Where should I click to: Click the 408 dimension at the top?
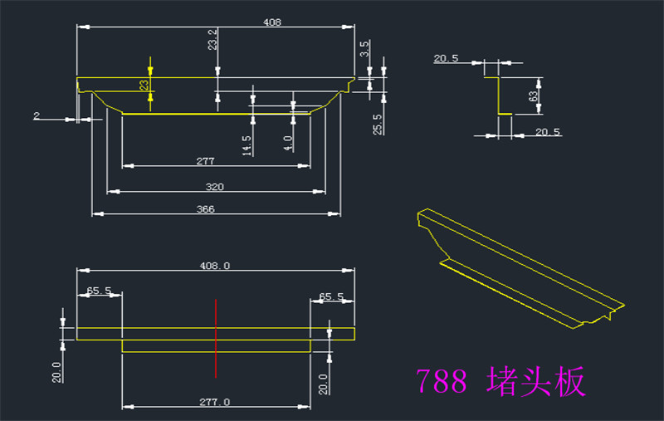coord(272,22)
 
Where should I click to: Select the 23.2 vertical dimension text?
coord(212,39)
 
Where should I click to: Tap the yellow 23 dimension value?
coord(144,86)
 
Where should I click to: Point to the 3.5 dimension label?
coord(364,49)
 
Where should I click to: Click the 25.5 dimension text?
coord(378,125)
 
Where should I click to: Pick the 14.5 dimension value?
coord(247,145)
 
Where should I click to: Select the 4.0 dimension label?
coord(288,143)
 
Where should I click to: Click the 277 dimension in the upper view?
coord(205,161)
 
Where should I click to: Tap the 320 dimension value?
coord(215,187)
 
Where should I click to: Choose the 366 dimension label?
coord(205,209)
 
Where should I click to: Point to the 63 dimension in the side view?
coord(533,96)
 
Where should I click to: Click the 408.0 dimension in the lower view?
coord(215,266)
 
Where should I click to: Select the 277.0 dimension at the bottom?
coord(215,402)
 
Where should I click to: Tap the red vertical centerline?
coord(216,339)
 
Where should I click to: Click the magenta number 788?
coord(442,381)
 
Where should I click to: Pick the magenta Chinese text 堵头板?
coord(535,381)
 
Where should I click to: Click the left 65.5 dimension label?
coord(99,291)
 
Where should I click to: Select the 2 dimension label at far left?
coord(37,115)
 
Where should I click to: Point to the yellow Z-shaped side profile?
coord(499,95)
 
